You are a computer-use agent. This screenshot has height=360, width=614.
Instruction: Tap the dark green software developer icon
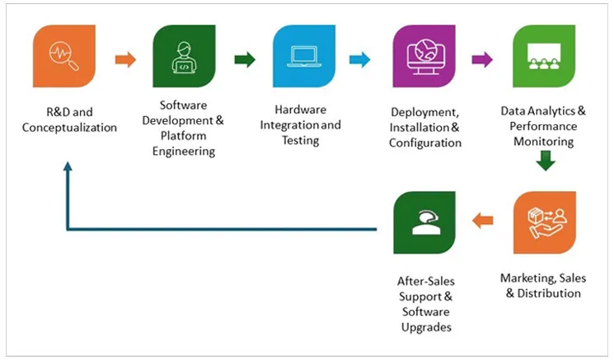point(184,57)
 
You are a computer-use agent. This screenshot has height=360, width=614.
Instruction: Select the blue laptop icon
point(303,57)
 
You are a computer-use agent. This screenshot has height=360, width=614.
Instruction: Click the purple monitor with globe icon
point(424,57)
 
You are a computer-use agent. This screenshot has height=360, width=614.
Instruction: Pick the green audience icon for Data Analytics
point(544,57)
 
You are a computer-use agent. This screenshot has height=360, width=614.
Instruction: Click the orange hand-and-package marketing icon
point(544,222)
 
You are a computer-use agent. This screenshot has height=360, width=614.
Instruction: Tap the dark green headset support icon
point(424,222)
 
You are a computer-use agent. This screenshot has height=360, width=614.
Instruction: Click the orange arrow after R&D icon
point(125,59)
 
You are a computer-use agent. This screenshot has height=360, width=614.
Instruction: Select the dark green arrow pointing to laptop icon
point(245,59)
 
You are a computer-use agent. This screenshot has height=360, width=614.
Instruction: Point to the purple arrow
point(482,59)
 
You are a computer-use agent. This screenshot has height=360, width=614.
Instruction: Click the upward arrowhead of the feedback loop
point(68,166)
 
